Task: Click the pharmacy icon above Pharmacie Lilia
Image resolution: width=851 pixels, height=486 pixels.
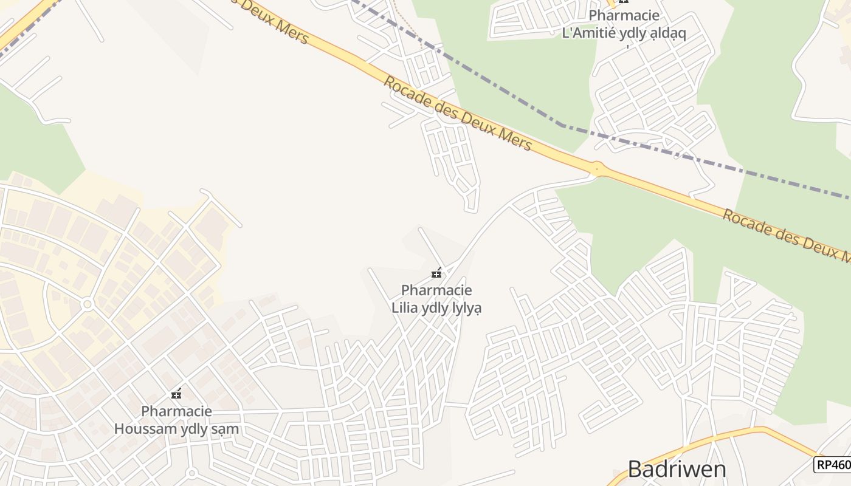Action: pos(436,273)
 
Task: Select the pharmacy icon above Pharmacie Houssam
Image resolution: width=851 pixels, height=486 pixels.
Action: pos(176,395)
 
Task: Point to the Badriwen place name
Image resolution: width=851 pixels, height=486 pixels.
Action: pos(677,469)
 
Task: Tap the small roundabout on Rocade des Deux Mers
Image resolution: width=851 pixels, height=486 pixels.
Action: pos(597,168)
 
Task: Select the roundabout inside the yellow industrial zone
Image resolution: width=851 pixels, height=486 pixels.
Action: pos(87,304)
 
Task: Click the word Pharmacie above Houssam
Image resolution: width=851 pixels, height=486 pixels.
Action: pos(176,411)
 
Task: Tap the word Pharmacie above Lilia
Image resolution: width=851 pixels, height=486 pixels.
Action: pos(436,290)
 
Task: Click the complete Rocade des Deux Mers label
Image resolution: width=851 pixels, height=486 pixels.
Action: pos(458,113)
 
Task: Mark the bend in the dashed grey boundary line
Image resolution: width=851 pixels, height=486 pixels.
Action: pos(561,125)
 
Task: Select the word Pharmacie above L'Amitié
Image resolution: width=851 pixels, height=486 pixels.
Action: pos(624,16)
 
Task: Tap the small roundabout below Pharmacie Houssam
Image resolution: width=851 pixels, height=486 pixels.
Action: pos(191,473)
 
